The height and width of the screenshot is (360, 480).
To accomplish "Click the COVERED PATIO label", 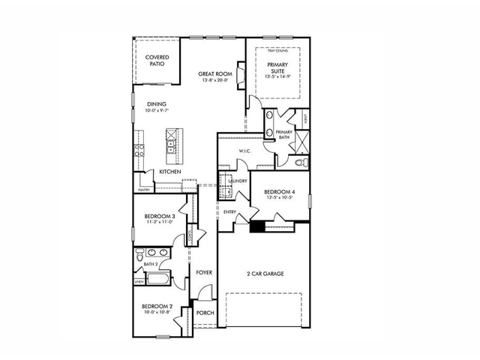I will click(157, 61).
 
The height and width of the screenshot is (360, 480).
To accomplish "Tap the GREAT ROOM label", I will click(212, 73).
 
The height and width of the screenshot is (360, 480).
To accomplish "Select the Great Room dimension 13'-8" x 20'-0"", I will click(212, 81).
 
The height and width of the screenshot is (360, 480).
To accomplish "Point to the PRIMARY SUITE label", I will click(278, 68).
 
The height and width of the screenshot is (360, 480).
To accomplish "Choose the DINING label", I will click(156, 104).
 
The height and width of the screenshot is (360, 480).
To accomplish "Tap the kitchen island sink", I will click(171, 136).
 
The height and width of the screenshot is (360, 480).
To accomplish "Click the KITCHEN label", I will click(170, 172).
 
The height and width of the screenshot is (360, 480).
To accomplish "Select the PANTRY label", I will click(144, 190).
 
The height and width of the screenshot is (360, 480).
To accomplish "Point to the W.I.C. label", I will click(244, 151).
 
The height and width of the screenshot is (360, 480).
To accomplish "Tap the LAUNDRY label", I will click(238, 181).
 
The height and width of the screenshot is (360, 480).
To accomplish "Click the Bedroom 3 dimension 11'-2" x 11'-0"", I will click(159, 222).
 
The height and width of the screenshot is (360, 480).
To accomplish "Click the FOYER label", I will click(204, 272).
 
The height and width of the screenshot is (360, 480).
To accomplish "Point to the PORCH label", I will click(204, 313).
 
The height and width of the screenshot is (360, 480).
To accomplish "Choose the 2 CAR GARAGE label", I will click(265, 274).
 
